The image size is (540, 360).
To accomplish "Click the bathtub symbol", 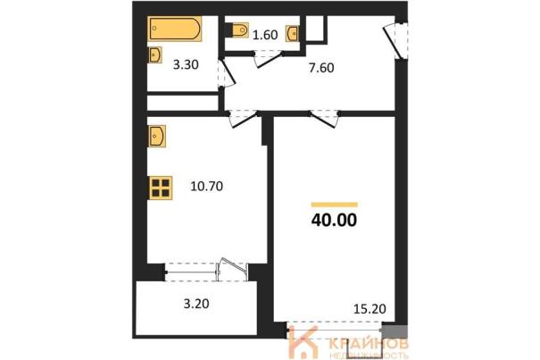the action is click(175, 29).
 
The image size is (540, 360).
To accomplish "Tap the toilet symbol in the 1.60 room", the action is click(240, 30).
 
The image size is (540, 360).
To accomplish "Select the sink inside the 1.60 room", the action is click(292, 34).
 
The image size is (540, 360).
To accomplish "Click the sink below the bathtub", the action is click(155, 54).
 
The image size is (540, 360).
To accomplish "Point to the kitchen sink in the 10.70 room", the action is click(157, 136).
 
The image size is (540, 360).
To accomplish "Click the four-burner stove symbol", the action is click(161, 188).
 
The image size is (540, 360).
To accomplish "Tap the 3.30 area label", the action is click(186, 65).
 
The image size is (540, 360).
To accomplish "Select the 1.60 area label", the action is click(265, 35).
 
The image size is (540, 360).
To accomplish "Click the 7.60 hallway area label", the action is click(321, 68).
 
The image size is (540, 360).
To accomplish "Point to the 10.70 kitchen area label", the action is click(207, 187).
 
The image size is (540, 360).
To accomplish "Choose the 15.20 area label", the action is click(370, 309).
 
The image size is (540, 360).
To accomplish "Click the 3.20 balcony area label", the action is click(196, 304).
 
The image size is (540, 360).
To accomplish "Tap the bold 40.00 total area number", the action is click(334, 220).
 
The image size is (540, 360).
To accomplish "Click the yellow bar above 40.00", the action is click(334, 205).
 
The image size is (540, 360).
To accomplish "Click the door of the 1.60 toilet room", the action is click(267, 59).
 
